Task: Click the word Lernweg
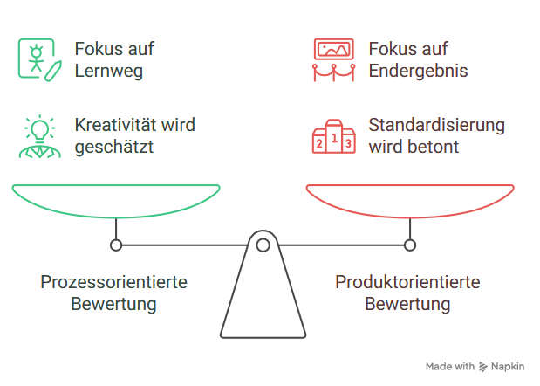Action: click(108, 71)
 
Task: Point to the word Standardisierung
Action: click(436, 125)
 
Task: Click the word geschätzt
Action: click(114, 147)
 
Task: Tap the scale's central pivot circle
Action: click(263, 245)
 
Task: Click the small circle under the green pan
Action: click(116, 245)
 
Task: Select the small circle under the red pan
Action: click(410, 245)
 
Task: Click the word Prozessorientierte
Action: click(114, 283)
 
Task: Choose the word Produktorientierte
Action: click(407, 283)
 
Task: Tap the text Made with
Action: click(450, 367)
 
